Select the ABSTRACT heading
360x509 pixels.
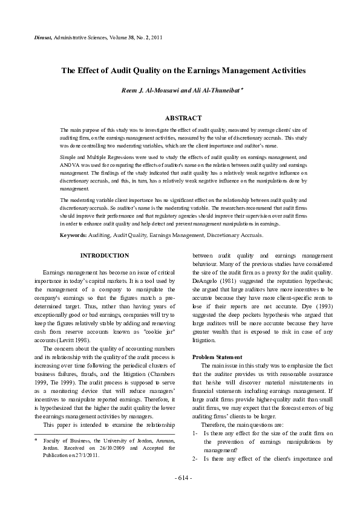[x=183, y=118]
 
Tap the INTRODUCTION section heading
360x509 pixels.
[x=105, y=256]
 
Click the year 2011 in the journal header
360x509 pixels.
[x=155, y=37]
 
